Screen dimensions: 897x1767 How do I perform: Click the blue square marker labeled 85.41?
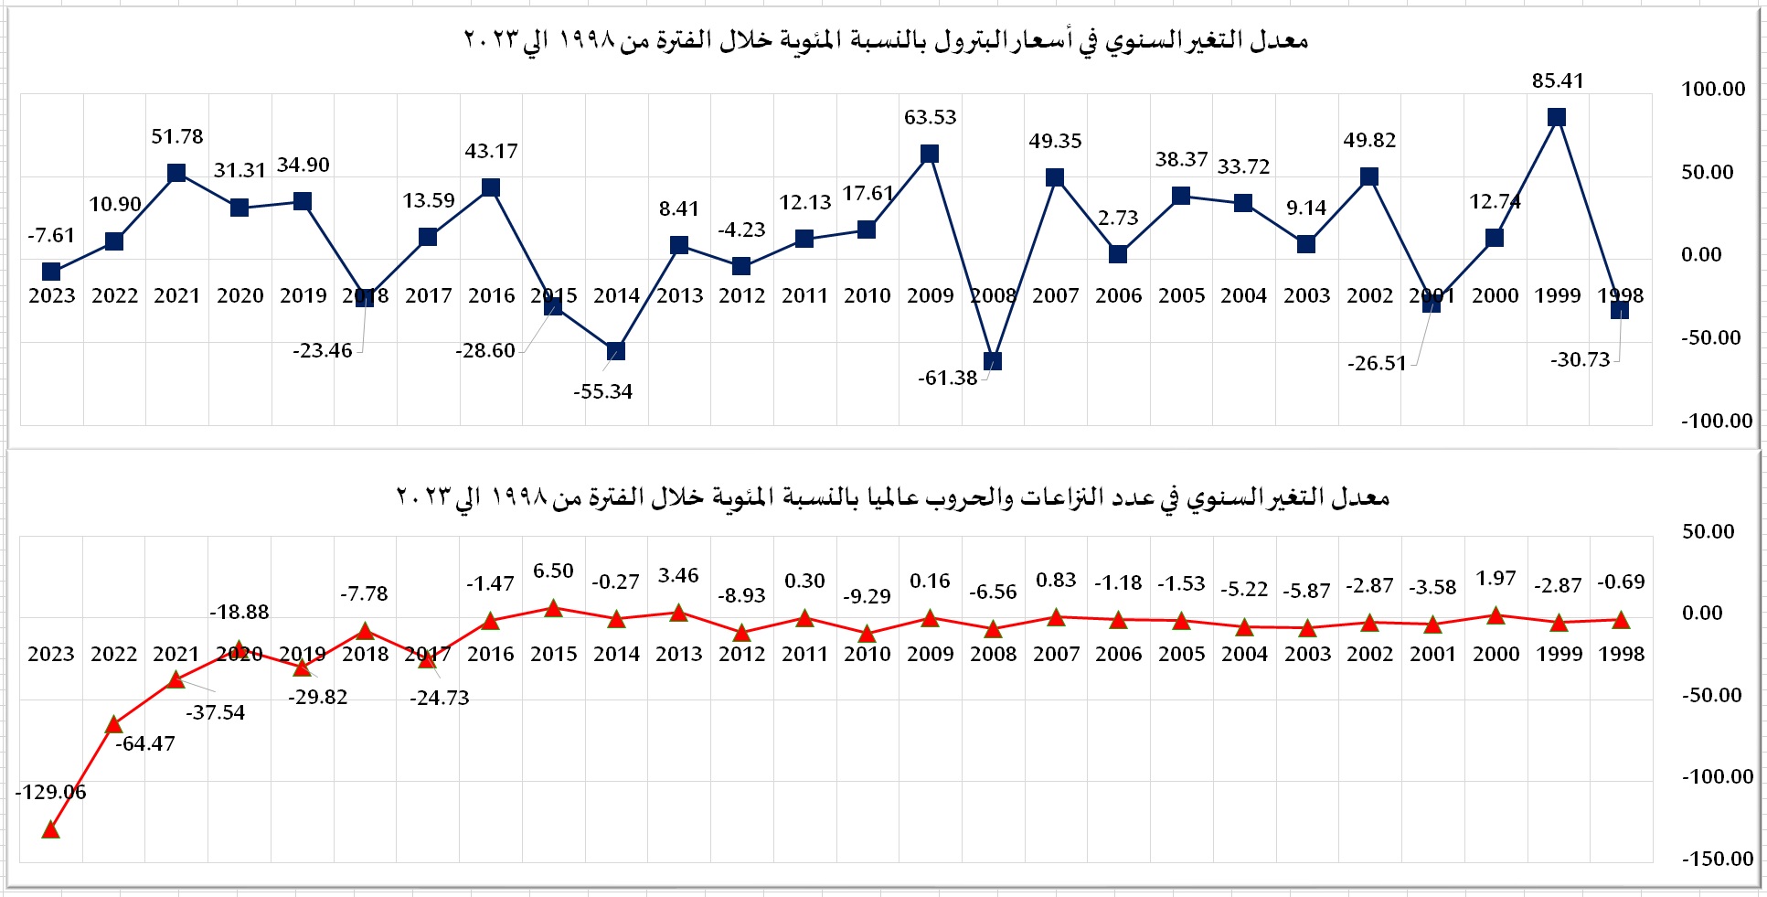point(1557,117)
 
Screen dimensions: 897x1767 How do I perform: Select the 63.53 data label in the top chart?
point(930,117)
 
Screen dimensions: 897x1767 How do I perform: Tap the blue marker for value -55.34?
point(616,351)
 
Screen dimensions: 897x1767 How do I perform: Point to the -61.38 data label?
point(948,378)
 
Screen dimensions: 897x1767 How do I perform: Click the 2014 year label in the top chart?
point(616,295)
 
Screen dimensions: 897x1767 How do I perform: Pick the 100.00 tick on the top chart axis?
point(1713,89)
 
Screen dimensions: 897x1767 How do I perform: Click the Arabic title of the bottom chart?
point(892,497)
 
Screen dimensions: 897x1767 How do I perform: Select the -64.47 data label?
point(145,743)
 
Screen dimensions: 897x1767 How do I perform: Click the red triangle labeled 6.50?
point(553,608)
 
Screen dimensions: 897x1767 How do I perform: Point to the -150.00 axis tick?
point(1718,859)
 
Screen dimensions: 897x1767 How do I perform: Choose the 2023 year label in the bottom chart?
point(51,654)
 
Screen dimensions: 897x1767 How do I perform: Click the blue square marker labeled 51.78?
point(177,173)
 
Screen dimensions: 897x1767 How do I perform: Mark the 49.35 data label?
point(1055,141)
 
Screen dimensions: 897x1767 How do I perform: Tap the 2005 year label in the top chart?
point(1181,295)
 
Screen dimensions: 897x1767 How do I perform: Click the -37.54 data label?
point(216,712)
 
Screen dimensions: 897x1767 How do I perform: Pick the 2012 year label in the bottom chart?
point(741,654)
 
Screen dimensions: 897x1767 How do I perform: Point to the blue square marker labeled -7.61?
point(52,272)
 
